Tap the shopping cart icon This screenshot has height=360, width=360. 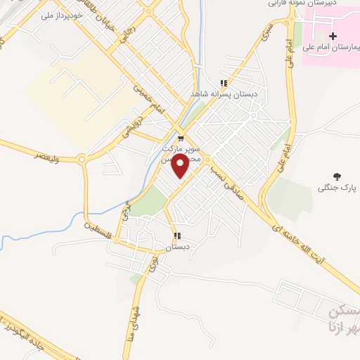pos(181,138)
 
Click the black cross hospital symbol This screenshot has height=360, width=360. pos(333,35)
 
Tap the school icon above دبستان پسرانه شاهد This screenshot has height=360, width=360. pos(224,82)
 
